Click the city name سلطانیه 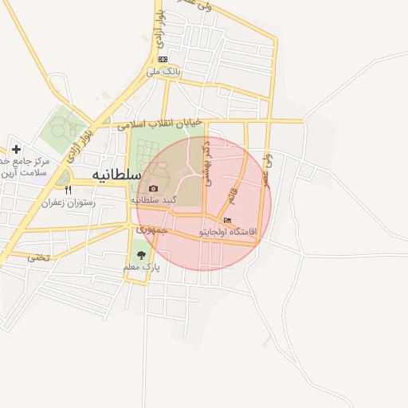click(x=116, y=174)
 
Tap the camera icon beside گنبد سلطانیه click(x=153, y=188)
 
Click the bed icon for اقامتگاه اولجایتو click(x=228, y=220)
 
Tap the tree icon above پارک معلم click(x=141, y=256)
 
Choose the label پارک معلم click(x=141, y=268)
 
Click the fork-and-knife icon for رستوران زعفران click(x=68, y=190)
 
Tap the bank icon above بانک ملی click(x=163, y=59)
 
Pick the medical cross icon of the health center click(x=17, y=149)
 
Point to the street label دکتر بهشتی click(x=207, y=164)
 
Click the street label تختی click(x=38, y=257)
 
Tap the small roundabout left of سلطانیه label click(x=63, y=177)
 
